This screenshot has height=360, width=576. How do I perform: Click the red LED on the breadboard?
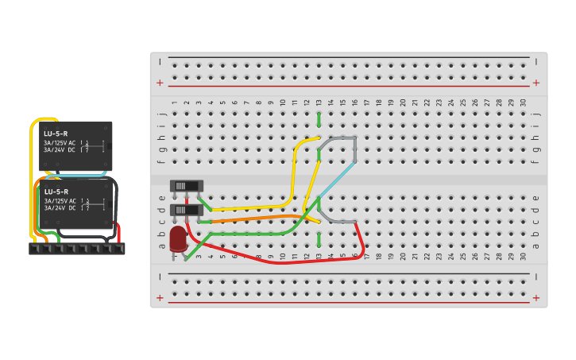pos(177,237)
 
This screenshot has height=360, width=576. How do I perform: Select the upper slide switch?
pos(186,185)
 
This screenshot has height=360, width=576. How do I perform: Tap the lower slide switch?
pos(186,210)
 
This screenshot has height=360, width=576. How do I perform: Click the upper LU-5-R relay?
pos(75,145)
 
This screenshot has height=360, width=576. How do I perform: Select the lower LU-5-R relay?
pos(76,203)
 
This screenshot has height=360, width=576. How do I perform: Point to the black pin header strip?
pos(76,249)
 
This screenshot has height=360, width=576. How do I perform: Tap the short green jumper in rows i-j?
pos(319,119)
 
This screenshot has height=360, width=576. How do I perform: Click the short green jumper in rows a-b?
pos(319,239)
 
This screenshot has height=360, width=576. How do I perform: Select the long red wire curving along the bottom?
pos(278,261)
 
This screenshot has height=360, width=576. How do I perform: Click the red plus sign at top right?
pos(536,83)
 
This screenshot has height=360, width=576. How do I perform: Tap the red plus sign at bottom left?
pos(160,298)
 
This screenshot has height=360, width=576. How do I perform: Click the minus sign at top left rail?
pos(160,61)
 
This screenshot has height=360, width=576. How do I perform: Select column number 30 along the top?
pos(523,103)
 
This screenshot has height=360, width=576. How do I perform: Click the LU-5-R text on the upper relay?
pos(56,134)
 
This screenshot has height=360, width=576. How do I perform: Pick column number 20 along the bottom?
pos(403,257)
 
